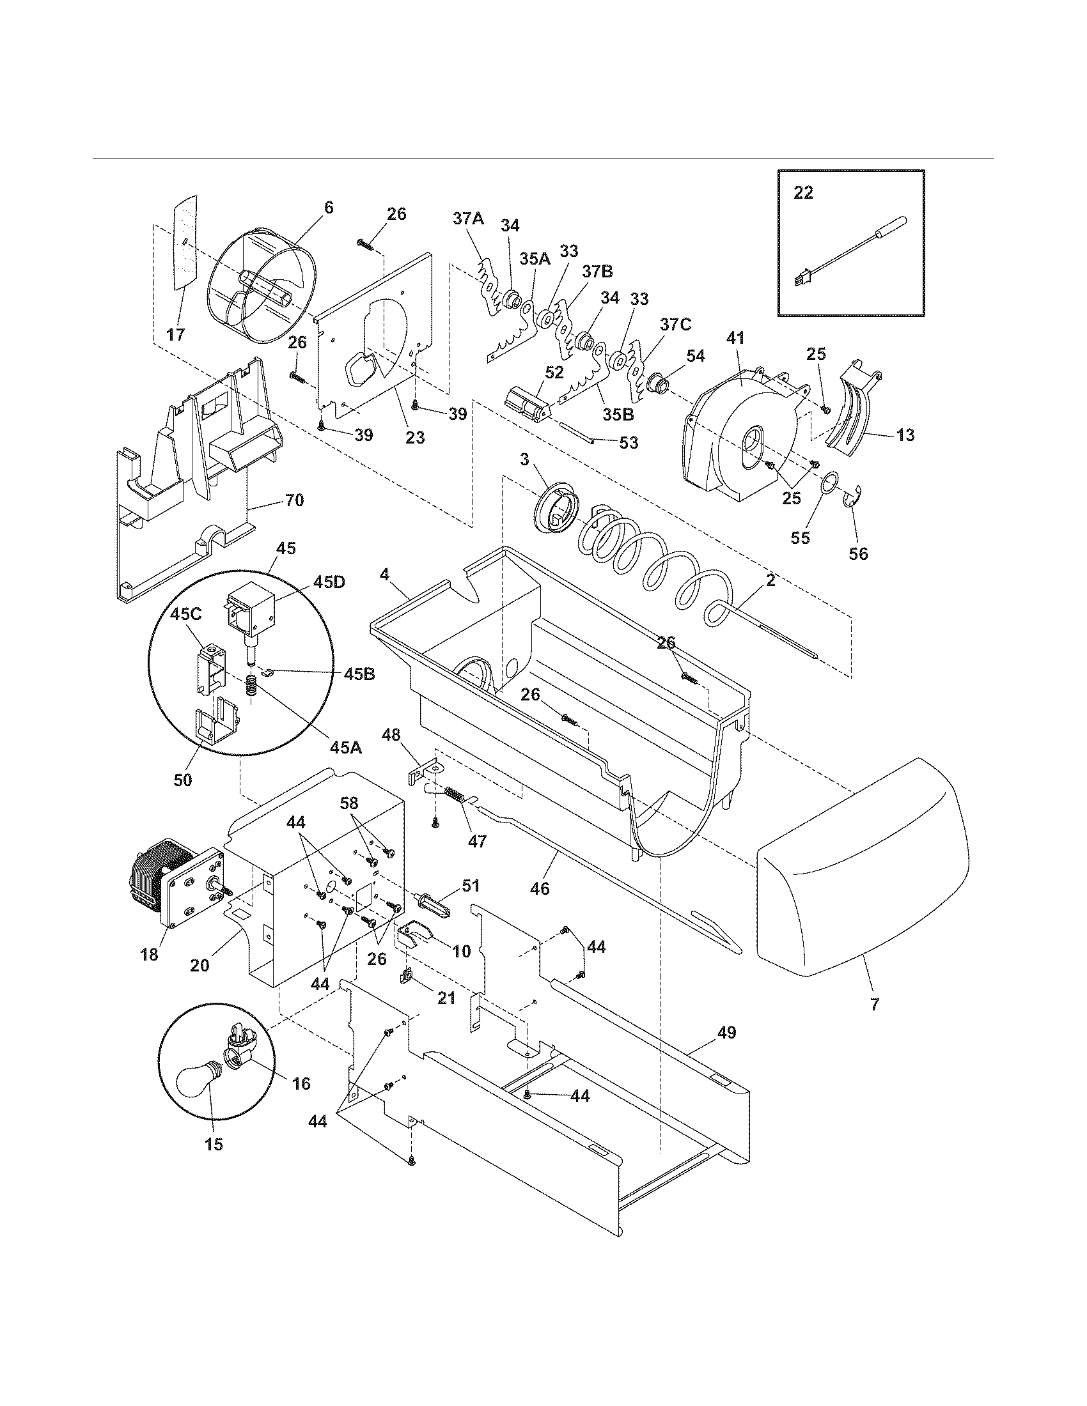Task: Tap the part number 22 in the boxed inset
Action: tap(803, 192)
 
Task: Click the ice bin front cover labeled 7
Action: tap(863, 869)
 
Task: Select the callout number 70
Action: tap(293, 500)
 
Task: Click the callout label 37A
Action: tap(468, 218)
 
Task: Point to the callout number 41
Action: tap(735, 337)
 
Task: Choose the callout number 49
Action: tap(726, 1033)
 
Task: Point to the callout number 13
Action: tap(905, 435)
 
